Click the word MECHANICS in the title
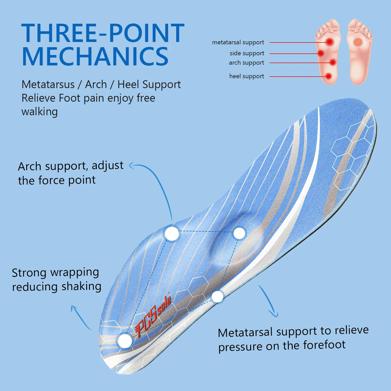click(x=95, y=57)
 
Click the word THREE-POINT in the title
click(x=103, y=33)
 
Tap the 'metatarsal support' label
click(x=238, y=42)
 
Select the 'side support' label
click(x=247, y=53)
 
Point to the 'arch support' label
click(x=246, y=63)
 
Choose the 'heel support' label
click(x=246, y=76)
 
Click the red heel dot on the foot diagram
click(x=328, y=76)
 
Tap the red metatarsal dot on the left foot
click(x=330, y=42)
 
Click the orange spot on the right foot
click(x=358, y=42)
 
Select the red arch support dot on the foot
click(x=333, y=62)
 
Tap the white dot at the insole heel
click(x=125, y=341)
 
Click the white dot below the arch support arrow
click(x=172, y=234)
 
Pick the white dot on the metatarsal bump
click(x=239, y=233)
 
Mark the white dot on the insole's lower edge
click(x=217, y=296)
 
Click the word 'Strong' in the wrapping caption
click(x=29, y=273)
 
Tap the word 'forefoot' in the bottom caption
click(x=324, y=345)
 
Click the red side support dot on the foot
click(x=321, y=53)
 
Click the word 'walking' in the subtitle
click(x=39, y=112)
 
